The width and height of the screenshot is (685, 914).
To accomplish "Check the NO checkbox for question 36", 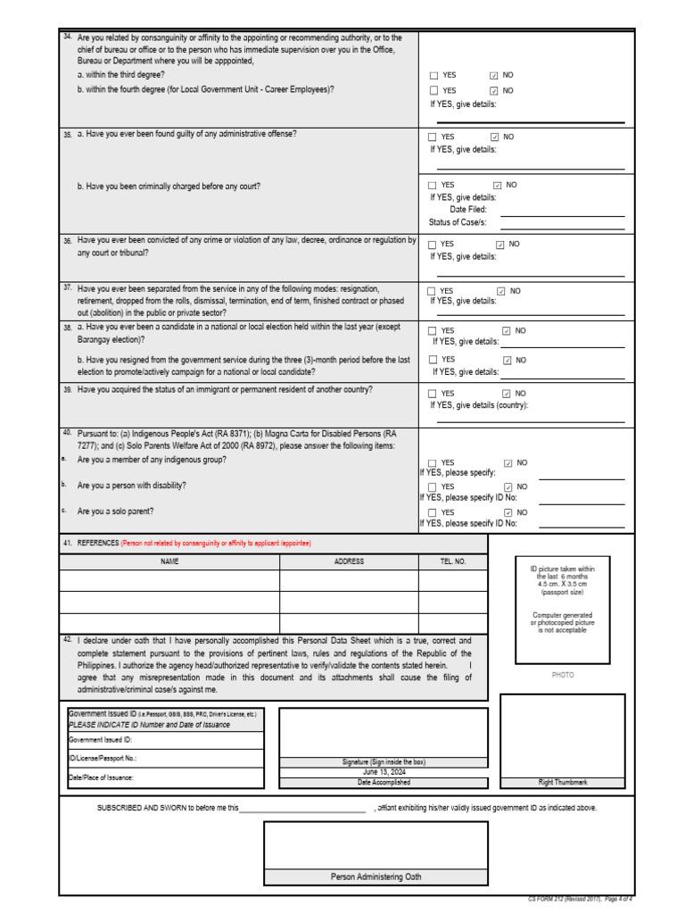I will click(500, 245).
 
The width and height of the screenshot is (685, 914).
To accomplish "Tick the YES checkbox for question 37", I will click(433, 291).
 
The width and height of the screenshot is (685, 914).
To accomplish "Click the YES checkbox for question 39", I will click(433, 394).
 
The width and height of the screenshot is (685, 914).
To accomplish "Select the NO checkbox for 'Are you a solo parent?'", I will click(508, 513).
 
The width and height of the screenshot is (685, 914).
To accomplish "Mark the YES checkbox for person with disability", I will click(433, 487).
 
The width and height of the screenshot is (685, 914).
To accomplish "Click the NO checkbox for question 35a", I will click(495, 137).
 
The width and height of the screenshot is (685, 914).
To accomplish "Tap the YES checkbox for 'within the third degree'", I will click(434, 76).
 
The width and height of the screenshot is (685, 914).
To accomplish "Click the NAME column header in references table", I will click(169, 561).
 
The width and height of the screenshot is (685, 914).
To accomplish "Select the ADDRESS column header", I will click(349, 561).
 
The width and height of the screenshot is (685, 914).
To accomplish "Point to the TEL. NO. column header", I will click(453, 561).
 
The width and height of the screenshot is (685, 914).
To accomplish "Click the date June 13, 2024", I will click(384, 772).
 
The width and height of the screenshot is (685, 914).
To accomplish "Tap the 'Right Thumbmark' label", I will click(563, 782).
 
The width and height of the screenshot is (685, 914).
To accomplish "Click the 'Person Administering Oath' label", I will click(376, 877).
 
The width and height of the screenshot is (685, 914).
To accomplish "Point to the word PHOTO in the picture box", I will click(563, 676).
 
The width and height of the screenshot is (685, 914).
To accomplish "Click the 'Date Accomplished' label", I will click(384, 782).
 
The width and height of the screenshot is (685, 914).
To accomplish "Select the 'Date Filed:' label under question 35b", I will click(468, 210).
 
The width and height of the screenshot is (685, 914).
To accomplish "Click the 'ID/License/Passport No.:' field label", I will click(103, 759).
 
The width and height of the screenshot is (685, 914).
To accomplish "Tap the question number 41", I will click(67, 543).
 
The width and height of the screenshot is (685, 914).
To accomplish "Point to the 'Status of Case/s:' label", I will click(458, 222).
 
